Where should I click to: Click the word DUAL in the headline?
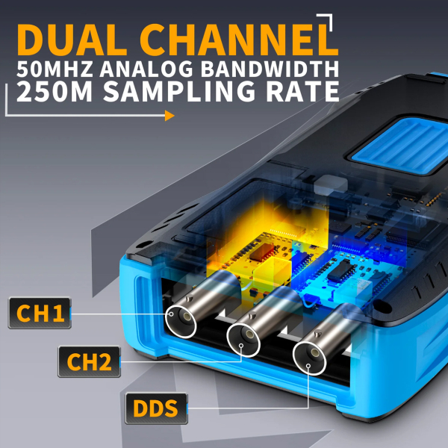tap(72, 40)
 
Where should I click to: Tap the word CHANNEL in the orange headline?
tap(239, 40)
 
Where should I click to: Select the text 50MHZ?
tap(55, 69)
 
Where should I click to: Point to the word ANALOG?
tap(146, 69)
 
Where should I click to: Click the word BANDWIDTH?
tap(270, 69)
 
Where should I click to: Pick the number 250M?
tap(55, 91)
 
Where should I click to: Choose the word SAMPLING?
tap(179, 91)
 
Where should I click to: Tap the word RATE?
tap(302, 91)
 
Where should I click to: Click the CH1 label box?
tap(40, 313)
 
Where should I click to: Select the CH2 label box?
tap(89, 361)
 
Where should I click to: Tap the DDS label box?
tap(156, 408)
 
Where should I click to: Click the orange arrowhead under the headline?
tap(169, 116)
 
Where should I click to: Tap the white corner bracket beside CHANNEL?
tap(325, 22)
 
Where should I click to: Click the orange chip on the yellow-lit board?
tap(261, 252)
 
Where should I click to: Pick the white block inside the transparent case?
tap(331, 185)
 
